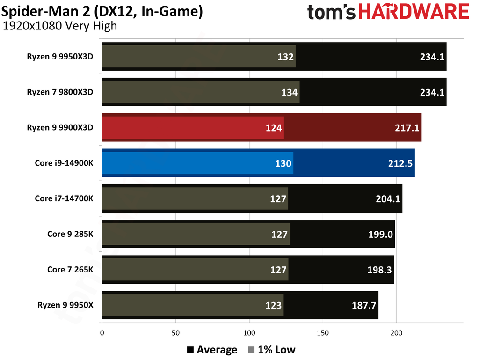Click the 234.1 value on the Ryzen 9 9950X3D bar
(x=432, y=57)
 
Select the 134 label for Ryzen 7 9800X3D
(x=290, y=92)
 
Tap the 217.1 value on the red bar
(x=407, y=127)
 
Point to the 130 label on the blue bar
(x=283, y=163)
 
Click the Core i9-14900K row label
(x=64, y=163)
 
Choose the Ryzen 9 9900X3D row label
(x=60, y=127)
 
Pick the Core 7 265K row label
(x=70, y=269)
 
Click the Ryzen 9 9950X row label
(x=65, y=305)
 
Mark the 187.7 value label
(x=363, y=305)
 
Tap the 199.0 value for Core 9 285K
(x=380, y=234)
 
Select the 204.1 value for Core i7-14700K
(x=388, y=198)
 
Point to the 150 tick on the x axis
(x=323, y=333)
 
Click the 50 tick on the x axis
(x=175, y=333)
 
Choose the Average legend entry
(x=212, y=350)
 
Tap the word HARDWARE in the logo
(x=414, y=11)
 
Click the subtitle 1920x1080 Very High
(x=59, y=26)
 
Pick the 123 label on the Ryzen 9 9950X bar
(x=274, y=305)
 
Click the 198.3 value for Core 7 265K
(x=379, y=270)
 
